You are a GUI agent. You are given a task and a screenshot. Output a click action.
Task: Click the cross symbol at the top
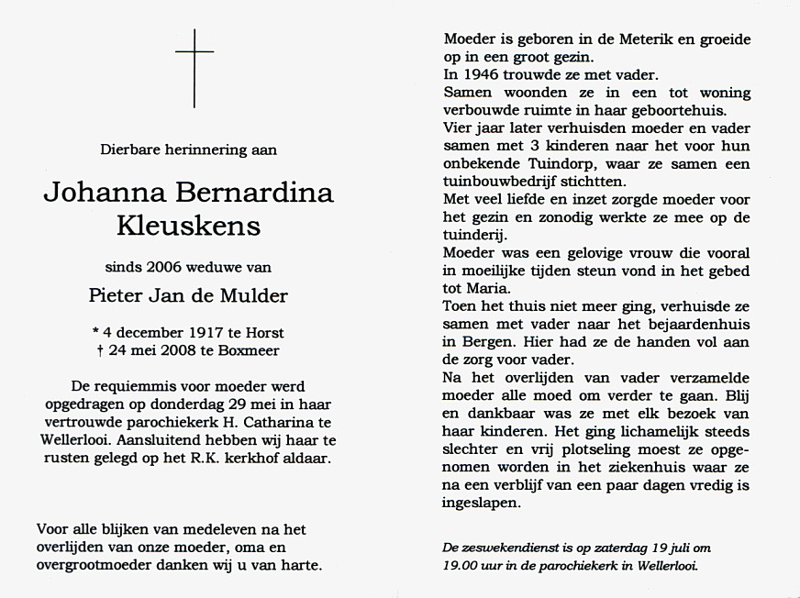coord(194,66)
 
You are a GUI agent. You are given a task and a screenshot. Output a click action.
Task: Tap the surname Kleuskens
coord(188,226)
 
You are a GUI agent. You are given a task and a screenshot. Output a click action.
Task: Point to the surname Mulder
coord(259,295)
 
